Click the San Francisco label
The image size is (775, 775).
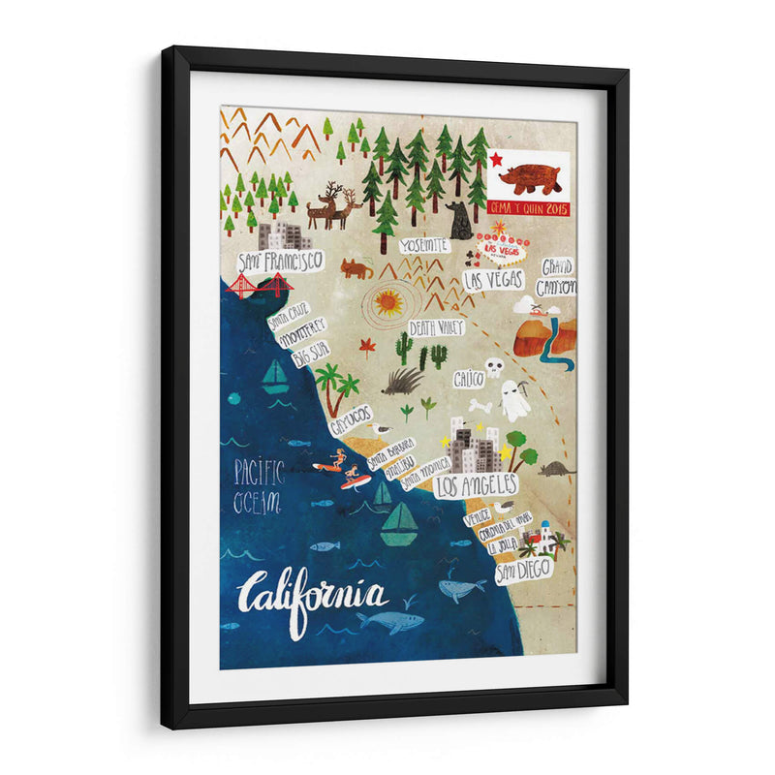tap(280, 261)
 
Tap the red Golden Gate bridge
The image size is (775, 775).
tap(259, 285)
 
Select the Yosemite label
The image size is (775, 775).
tap(423, 245)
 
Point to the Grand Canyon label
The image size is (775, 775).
tap(557, 276)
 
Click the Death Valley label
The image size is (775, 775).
tap(435, 327)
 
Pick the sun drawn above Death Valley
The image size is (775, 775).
tap(388, 303)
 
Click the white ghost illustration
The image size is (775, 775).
tap(514, 398)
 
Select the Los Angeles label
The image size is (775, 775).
tap(476, 484)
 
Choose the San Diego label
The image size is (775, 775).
tap(524, 572)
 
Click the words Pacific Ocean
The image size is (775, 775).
tap(258, 487)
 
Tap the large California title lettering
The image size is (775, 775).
tap(314, 594)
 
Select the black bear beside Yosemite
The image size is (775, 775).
tap(459, 222)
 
